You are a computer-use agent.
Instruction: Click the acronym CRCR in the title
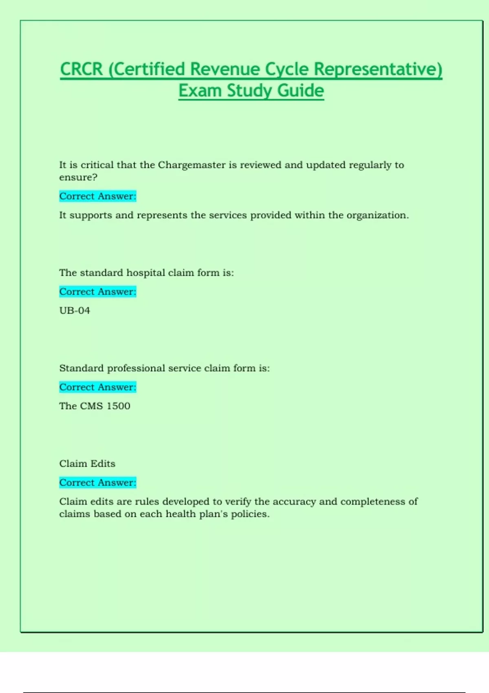tap(81, 69)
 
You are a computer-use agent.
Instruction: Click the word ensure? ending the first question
tap(78, 177)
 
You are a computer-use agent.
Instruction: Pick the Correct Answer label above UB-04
tap(97, 292)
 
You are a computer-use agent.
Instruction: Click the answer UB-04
tap(75, 311)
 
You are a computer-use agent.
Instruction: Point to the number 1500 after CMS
tap(118, 406)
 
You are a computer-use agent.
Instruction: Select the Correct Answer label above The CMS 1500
tap(97, 387)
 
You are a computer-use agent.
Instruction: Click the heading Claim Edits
tap(87, 464)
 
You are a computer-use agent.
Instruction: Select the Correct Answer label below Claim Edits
tap(97, 483)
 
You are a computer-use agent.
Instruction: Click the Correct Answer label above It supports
tap(97, 196)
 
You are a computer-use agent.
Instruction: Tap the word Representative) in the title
tap(378, 69)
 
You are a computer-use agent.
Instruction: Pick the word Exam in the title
tap(200, 90)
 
